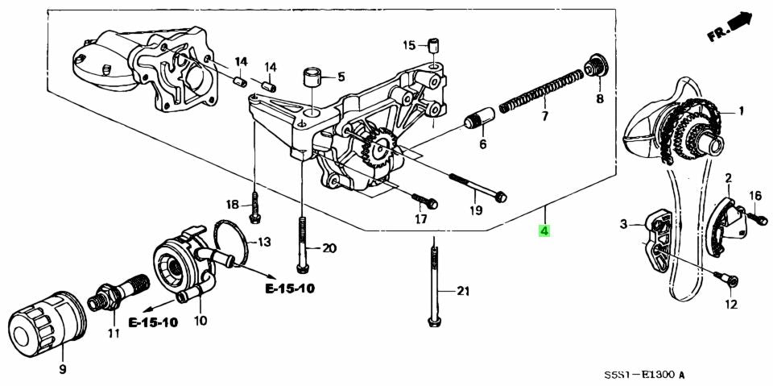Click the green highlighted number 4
point(545,232)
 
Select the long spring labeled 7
point(539,91)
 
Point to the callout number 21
point(461,291)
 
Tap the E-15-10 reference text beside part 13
point(287,288)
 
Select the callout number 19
point(476,211)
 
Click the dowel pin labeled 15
point(433,44)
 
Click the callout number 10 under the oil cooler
point(200,321)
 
